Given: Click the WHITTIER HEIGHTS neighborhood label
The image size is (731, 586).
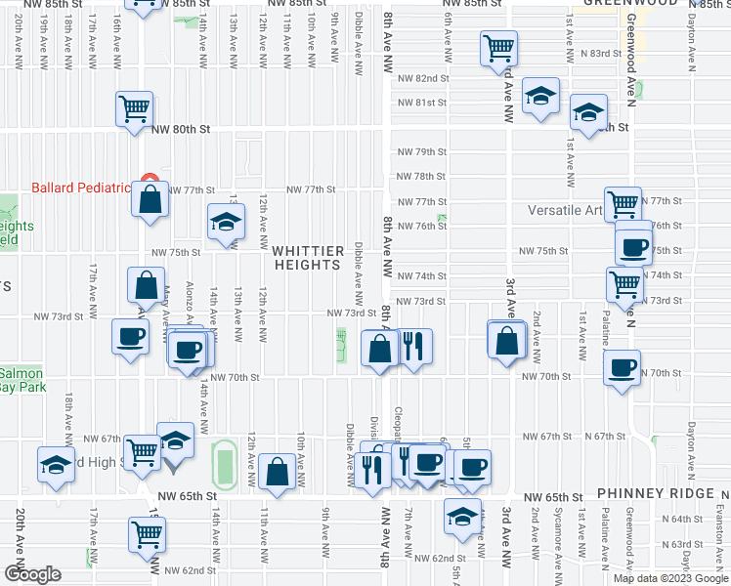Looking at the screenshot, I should pyautogui.click(x=308, y=258).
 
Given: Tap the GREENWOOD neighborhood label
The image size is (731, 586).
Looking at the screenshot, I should pyautogui.click(x=630, y=4).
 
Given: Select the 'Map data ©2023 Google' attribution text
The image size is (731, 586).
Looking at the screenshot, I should pyautogui.click(x=670, y=578).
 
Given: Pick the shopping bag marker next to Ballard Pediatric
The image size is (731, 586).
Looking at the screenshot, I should pyautogui.click(x=150, y=200).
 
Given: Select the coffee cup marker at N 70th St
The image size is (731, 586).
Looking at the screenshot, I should pyautogui.click(x=619, y=368).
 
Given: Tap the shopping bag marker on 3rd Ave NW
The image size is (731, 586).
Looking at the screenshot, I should pyautogui.click(x=506, y=341).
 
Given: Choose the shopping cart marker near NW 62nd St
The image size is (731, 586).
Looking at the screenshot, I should pyautogui.click(x=147, y=532).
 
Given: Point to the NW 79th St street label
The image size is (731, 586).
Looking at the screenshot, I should pyautogui.click(x=421, y=151).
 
